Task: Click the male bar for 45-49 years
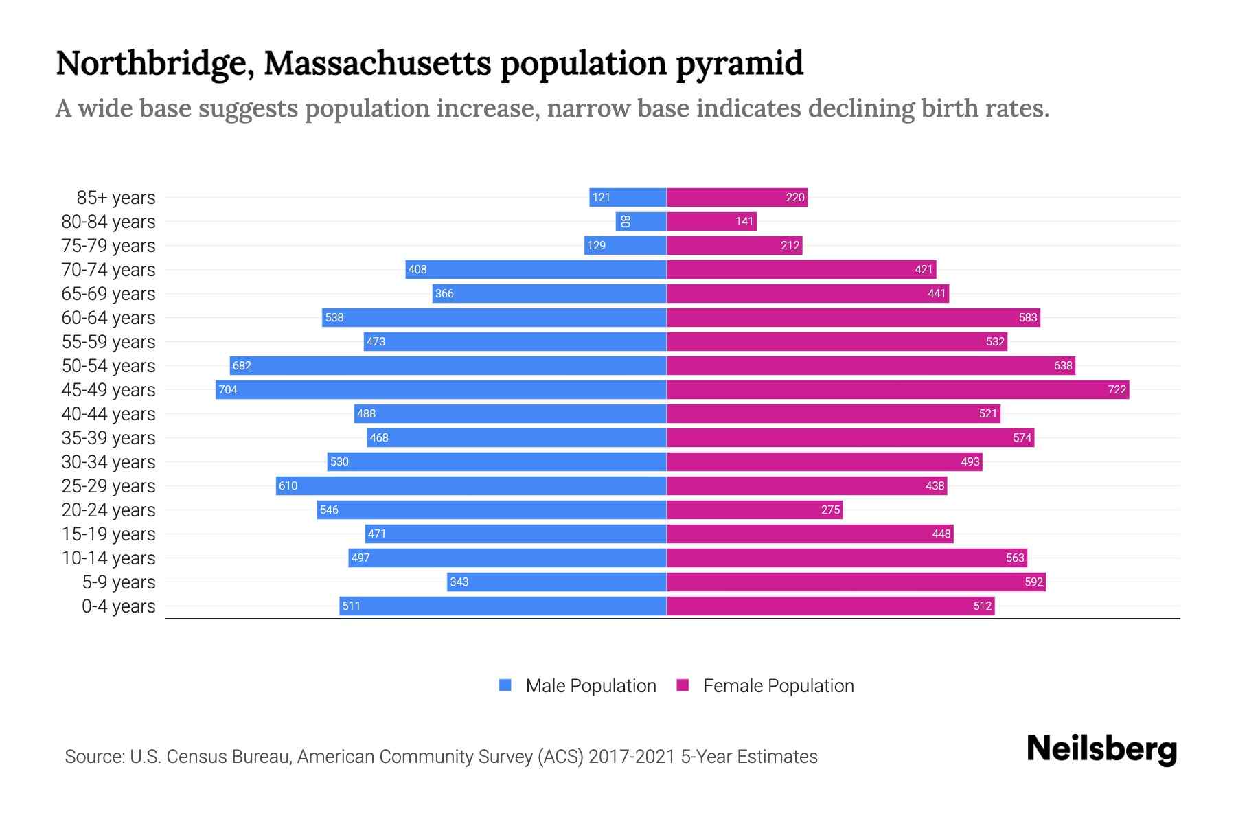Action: coord(441,389)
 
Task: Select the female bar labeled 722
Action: coord(897,389)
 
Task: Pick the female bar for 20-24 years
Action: coord(754,510)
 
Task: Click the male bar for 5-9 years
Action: coord(556,582)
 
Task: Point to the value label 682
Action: coord(242,365)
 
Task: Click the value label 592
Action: coord(1033,582)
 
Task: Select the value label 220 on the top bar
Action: coord(795,197)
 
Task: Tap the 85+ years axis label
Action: coord(115,198)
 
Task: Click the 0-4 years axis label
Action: coord(118,606)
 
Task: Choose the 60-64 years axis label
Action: coord(108,318)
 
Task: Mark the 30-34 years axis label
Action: coord(108,462)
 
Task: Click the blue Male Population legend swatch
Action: coord(505,685)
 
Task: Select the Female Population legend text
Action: coord(778,686)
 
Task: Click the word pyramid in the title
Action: coord(740,63)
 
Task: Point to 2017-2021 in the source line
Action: coord(631,757)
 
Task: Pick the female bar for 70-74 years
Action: coord(801,269)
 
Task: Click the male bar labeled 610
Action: coord(471,485)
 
